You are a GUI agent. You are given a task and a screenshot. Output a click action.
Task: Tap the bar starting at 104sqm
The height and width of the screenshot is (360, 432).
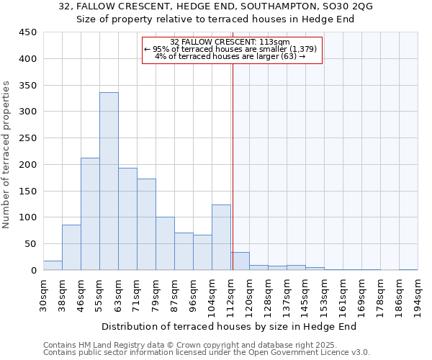(221, 238)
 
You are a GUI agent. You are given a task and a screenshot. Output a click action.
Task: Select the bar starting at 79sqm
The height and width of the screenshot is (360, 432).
(165, 243)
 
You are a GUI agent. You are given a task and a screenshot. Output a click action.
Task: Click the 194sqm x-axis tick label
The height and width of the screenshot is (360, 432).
(418, 294)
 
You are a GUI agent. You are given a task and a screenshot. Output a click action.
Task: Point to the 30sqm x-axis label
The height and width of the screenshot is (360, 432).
(44, 294)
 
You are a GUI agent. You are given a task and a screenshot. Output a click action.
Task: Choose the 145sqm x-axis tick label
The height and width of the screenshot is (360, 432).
(306, 294)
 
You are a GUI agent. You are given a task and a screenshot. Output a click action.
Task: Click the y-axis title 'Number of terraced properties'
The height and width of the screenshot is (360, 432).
(7, 155)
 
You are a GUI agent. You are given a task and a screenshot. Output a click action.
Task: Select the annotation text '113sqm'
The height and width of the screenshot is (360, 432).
(275, 42)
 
